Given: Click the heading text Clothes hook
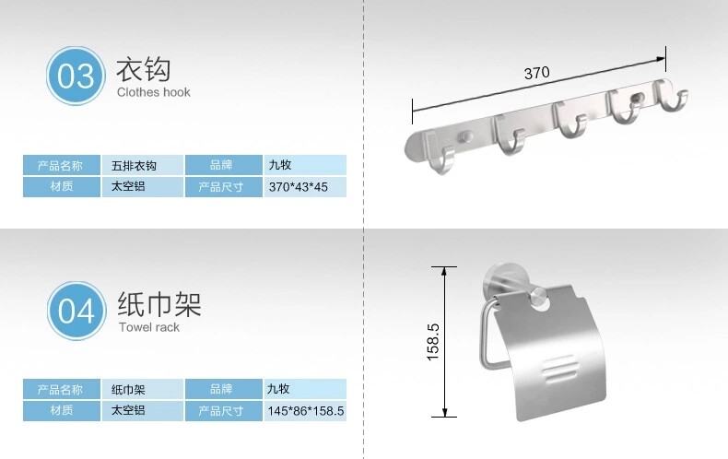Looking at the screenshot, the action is coord(154,92).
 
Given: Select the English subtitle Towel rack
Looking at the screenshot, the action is coord(148,327).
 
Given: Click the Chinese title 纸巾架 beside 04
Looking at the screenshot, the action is coord(159,304).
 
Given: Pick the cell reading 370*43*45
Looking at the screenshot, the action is coord(306,187).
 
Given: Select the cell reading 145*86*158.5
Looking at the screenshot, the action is coord(306,411).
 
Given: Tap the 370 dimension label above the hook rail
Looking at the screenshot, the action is coord(537,73).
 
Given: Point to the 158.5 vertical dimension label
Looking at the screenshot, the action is coord(433,340).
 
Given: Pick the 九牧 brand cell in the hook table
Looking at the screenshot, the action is coord(306,166).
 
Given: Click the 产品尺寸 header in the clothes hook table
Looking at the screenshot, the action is coord(220,187).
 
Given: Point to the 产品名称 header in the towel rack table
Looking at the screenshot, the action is coord(61,389).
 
